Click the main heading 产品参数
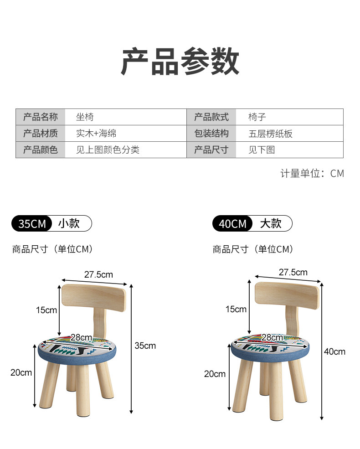coord(180,61)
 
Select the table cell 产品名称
coord(41,117)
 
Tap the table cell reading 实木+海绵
coord(96,134)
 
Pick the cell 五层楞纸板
coord(270,134)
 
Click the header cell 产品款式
coord(211,117)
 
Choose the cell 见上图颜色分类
coord(108,150)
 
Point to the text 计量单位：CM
coord(312,173)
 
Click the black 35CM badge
coord(32,224)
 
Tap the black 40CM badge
coord(232,224)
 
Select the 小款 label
coord(69,223)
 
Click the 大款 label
coord(271,223)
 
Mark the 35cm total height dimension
coord(145,346)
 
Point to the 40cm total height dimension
coord(334,351)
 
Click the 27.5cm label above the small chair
coord(98,274)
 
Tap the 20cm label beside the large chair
coord(215,374)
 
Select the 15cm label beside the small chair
coord(46,310)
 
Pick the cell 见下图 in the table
coord(262,150)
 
